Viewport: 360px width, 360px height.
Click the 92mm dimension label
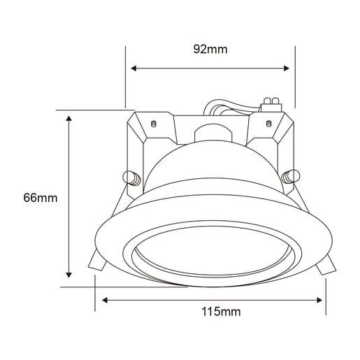tap(210, 50)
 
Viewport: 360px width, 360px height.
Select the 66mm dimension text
tap(40, 198)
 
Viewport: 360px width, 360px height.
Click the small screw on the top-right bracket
tap(270, 124)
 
